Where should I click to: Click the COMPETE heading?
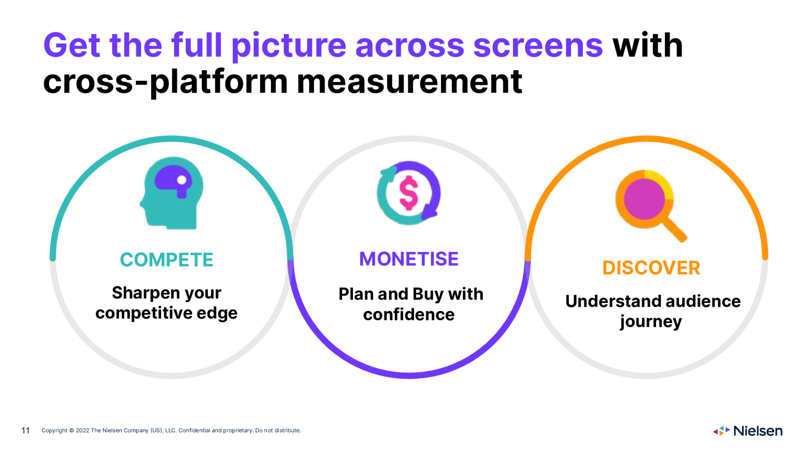tap(167, 260)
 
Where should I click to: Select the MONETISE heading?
tap(409, 259)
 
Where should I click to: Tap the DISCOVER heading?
tap(651, 268)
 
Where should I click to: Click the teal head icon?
tap(172, 193)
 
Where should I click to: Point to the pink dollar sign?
tap(409, 193)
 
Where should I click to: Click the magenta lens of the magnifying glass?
tap(644, 199)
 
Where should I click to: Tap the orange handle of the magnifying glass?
tap(674, 229)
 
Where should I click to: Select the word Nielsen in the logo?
tap(758, 431)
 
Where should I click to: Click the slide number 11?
tap(26, 431)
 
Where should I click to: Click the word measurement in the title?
tap(409, 82)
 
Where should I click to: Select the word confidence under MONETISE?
tap(409, 315)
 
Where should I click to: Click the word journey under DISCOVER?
tap(651, 322)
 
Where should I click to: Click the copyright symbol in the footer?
tap(72, 430)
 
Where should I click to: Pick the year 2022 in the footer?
tap(82, 430)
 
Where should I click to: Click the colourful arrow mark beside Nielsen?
tap(722, 431)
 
